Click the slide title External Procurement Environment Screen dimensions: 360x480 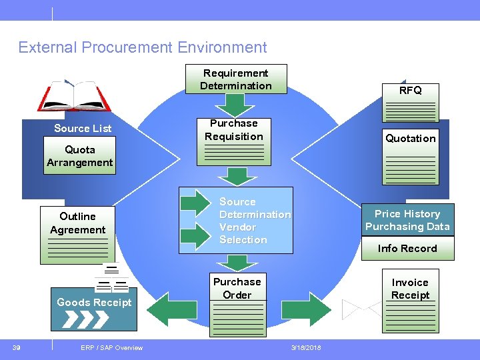143,47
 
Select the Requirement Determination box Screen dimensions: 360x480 235,79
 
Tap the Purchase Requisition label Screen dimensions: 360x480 233,130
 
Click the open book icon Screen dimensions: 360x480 74,96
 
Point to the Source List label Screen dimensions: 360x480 83,128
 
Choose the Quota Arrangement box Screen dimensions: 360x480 80,156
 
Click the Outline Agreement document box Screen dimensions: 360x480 77,235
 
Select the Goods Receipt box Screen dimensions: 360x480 94,309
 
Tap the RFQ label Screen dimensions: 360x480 410,90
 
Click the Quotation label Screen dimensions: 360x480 410,138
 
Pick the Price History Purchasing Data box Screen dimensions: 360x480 407,220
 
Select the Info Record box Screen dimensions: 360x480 407,249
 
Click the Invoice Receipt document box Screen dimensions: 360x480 410,300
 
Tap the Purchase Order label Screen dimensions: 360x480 237,288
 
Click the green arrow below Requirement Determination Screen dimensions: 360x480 235,105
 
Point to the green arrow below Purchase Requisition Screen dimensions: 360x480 235,177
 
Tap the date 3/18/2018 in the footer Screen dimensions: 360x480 306,347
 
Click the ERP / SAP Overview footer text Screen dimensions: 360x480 111,347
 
